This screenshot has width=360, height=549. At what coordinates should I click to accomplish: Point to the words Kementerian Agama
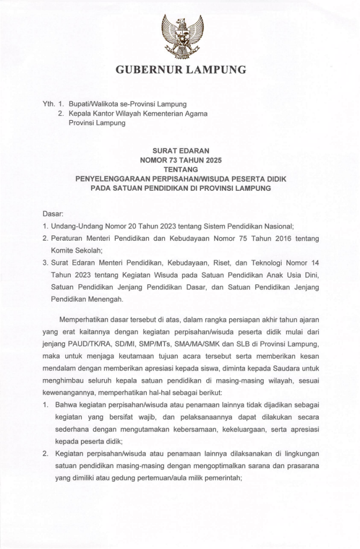coord(176,114)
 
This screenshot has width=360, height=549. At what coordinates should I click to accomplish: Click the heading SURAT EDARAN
coord(181,151)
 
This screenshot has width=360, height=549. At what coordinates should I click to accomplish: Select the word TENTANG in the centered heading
coord(181,169)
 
